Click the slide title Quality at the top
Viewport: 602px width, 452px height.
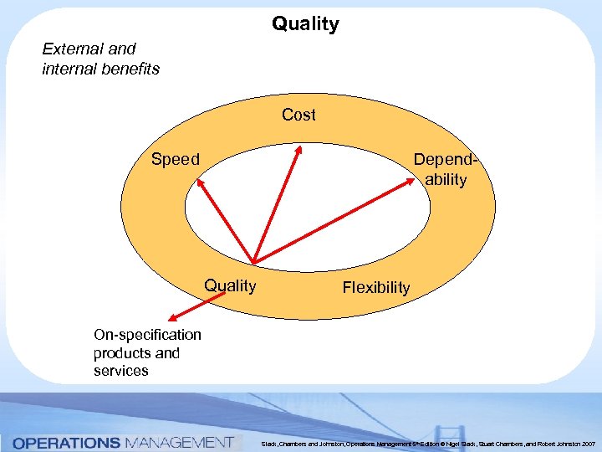(x=305, y=23)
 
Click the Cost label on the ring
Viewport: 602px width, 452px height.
(x=298, y=115)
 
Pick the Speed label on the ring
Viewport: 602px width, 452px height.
(x=175, y=159)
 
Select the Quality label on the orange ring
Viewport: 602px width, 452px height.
(x=230, y=285)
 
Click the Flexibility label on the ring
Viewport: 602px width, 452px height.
(x=375, y=288)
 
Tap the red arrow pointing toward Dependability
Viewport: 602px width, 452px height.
(x=334, y=219)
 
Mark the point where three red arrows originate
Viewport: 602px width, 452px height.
(x=253, y=262)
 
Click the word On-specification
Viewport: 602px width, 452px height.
(x=147, y=335)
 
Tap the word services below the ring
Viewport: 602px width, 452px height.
(x=120, y=371)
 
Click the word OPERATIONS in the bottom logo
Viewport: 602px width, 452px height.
(x=66, y=441)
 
